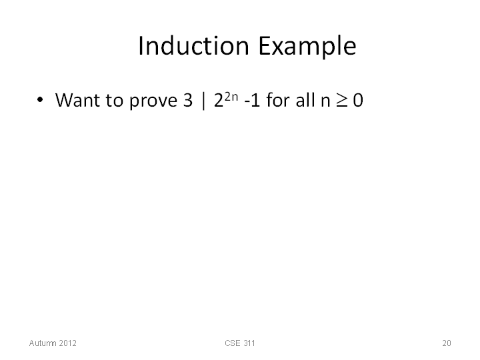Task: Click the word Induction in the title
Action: (193, 45)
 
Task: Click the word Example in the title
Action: (307, 47)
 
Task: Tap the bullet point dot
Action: (40, 99)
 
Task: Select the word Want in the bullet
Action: (77, 100)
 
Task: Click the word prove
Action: (153, 101)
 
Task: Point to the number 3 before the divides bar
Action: (188, 100)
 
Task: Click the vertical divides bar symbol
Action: (203, 101)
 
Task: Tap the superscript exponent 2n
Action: (231, 97)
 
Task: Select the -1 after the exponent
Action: (252, 101)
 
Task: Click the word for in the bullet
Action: (278, 99)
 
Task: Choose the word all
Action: (305, 99)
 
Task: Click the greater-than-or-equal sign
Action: (341, 101)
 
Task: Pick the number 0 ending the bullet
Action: (358, 100)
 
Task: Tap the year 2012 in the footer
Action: (67, 343)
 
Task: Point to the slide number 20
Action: (447, 343)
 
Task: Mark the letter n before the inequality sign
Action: (325, 102)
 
